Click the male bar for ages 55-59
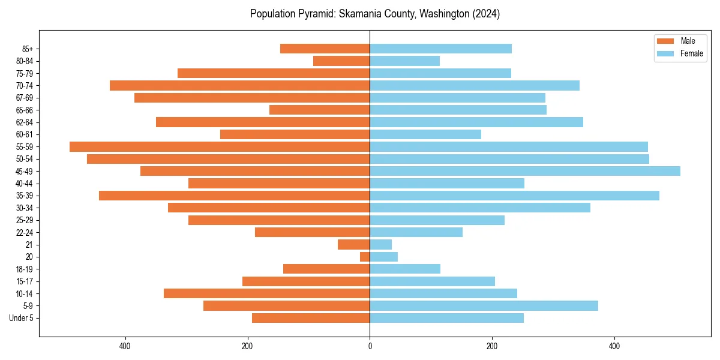pyautogui.click(x=220, y=146)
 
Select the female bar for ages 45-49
pyautogui.click(x=525, y=171)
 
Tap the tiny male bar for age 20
pyautogui.click(x=365, y=257)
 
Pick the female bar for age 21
pyautogui.click(x=381, y=244)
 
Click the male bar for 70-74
pyautogui.click(x=240, y=85)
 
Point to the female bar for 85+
pyautogui.click(x=441, y=49)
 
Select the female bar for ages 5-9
pyautogui.click(x=484, y=305)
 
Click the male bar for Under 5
pyautogui.click(x=311, y=318)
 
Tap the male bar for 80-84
pyautogui.click(x=341, y=61)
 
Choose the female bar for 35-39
pyautogui.click(x=514, y=196)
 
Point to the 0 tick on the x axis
pyautogui.click(x=370, y=347)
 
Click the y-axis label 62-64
pyautogui.click(x=25, y=122)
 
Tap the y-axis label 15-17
pyautogui.click(x=25, y=281)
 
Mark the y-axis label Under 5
pyautogui.click(x=22, y=318)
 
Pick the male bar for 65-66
pyautogui.click(x=320, y=110)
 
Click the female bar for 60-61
pyautogui.click(x=425, y=134)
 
